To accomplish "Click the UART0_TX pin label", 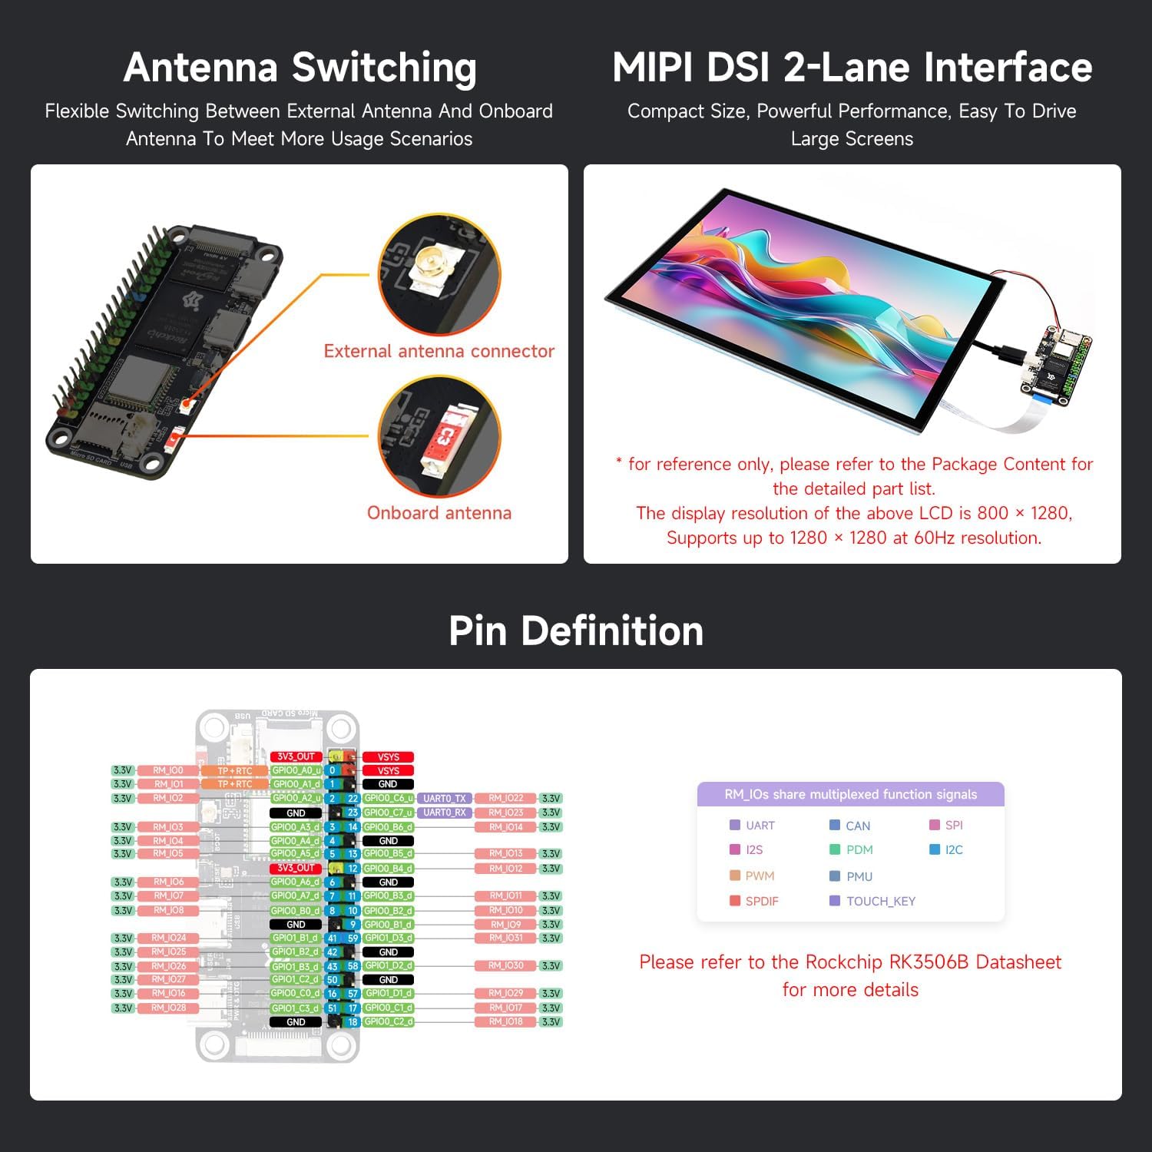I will (444, 799).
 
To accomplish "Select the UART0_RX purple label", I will (444, 813).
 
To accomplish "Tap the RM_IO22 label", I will (505, 799).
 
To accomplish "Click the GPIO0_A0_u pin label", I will (296, 770).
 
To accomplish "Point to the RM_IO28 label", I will (168, 1008).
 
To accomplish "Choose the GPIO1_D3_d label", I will (389, 938).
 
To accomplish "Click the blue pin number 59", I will (353, 938).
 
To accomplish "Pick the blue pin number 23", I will (353, 813).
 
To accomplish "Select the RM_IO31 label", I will (505, 938).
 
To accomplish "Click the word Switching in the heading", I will (384, 68).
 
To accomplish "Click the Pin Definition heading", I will (576, 631).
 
